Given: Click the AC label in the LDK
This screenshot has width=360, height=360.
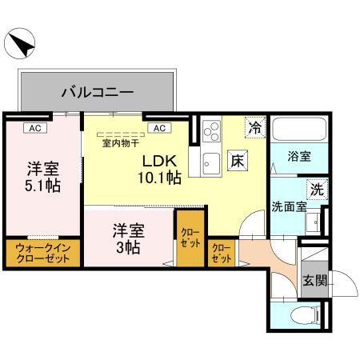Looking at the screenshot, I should click(159, 127).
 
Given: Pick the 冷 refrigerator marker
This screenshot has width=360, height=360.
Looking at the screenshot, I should click(254, 126).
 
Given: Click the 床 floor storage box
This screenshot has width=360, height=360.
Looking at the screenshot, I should click(238, 159).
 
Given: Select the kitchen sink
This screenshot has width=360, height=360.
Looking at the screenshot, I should click(211, 162).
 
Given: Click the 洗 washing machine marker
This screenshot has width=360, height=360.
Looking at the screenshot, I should click(316, 190).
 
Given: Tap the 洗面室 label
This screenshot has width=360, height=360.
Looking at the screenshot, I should click(288, 206).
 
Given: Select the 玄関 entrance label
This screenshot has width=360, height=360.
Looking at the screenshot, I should click(314, 280).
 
